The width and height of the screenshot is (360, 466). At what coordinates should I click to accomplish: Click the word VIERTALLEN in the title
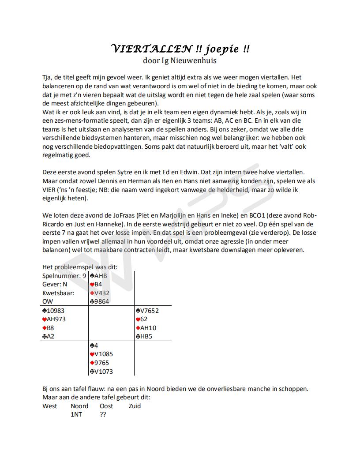pos(150,49)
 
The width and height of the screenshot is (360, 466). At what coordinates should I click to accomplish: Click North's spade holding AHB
pos(98,276)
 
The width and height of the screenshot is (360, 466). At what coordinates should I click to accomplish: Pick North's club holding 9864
pos(99,301)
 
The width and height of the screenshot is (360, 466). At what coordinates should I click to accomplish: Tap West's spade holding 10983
pos(55,311)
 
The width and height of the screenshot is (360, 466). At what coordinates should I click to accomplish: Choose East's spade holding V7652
pos(147,311)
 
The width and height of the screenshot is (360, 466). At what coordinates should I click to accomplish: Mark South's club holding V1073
pos(101,371)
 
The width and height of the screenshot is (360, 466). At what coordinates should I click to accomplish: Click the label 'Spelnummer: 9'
pos(64,276)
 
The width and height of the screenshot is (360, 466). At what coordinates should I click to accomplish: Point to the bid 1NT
pos(76,414)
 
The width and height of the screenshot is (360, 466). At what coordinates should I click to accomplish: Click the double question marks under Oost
pos(103,414)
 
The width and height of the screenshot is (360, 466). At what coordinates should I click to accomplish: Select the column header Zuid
pos(135,406)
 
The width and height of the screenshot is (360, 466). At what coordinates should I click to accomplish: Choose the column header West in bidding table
pos(50,406)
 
